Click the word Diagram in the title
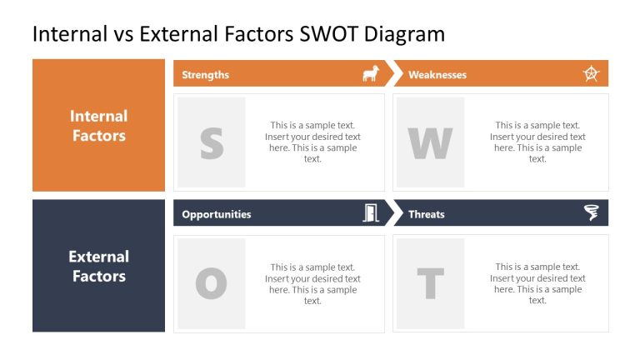[407, 34]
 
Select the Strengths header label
[205, 75]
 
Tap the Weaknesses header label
[437, 75]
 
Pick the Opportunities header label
[216, 214]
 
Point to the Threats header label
[427, 214]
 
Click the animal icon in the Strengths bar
[370, 74]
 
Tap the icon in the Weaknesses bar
[591, 73]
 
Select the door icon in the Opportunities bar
[370, 213]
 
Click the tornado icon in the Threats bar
[591, 213]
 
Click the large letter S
[212, 143]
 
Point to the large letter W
[430, 143]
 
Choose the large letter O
[212, 284]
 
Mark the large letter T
[430, 284]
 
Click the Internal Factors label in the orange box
[98, 126]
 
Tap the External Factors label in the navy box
[98, 266]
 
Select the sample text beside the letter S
[312, 142]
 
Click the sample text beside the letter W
[537, 142]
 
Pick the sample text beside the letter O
[312, 284]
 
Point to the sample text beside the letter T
[537, 284]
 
